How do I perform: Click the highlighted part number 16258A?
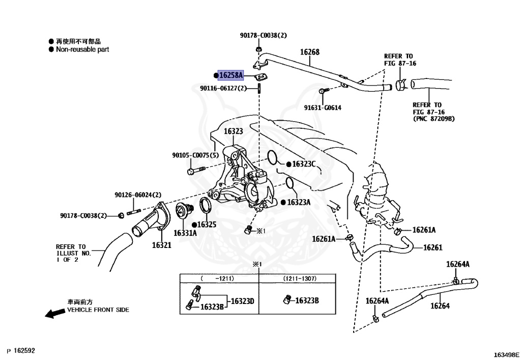pos(231,75)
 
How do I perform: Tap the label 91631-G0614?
pos(323,107)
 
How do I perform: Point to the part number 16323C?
pos(304,164)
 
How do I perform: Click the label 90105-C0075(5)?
pos(195,155)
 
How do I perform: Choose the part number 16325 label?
pos(207,224)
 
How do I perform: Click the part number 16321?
pos(161,245)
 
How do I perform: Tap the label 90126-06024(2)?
pos(138,195)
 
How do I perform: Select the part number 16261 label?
pos(432,248)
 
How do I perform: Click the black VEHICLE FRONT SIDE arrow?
pos(55,314)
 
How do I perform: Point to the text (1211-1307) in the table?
pos(300,279)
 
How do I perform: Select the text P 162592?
pos(21,351)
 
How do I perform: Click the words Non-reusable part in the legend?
pos(82,49)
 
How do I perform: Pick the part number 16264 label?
pos(440,306)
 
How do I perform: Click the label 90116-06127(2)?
pos(223,88)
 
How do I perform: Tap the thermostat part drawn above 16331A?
pos(183,212)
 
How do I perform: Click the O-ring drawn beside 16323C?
pos(273,157)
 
